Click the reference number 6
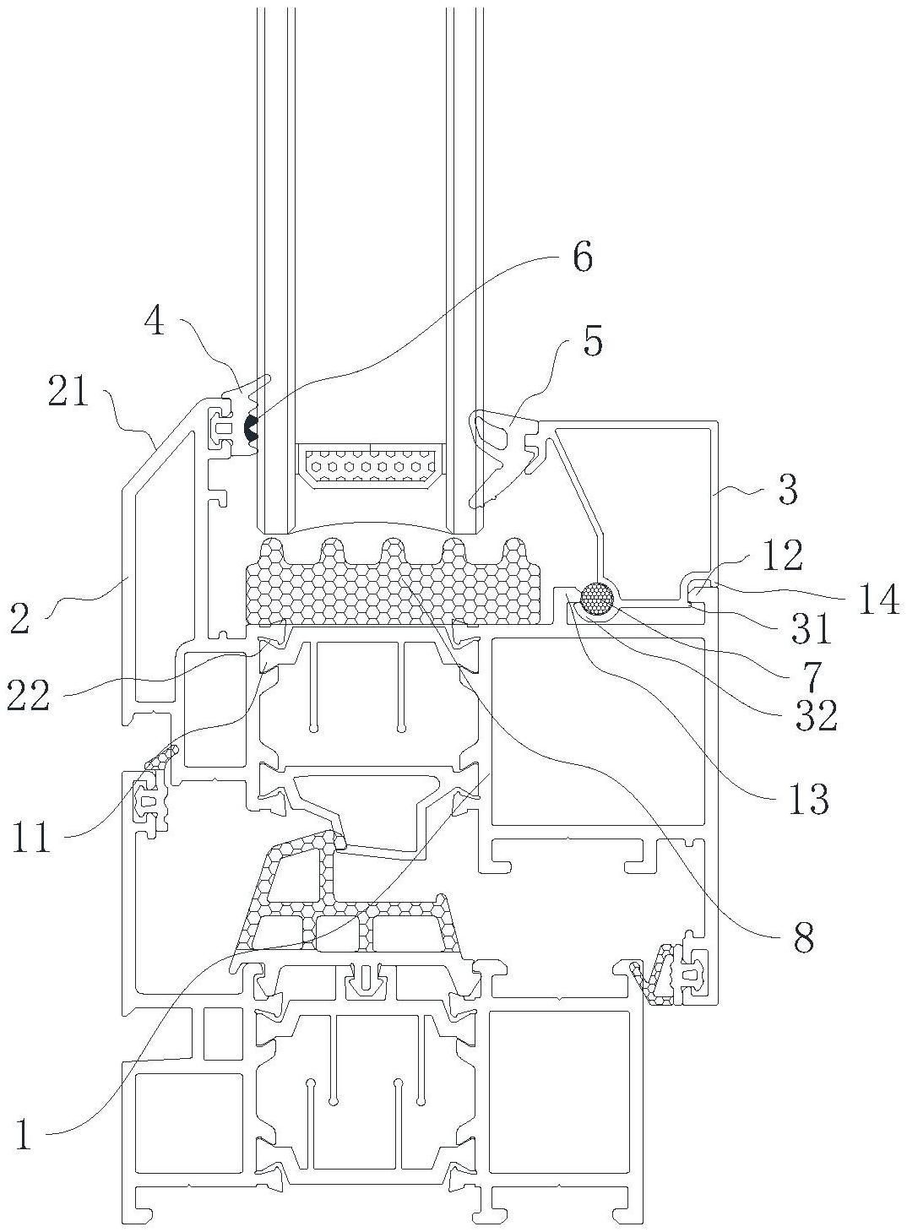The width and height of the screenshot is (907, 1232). [x=583, y=258]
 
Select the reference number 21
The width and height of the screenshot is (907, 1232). [x=68, y=390]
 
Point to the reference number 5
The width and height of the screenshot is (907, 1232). [x=592, y=340]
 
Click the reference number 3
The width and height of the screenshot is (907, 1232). [x=788, y=490]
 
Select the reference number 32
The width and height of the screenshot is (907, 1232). [x=817, y=715]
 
